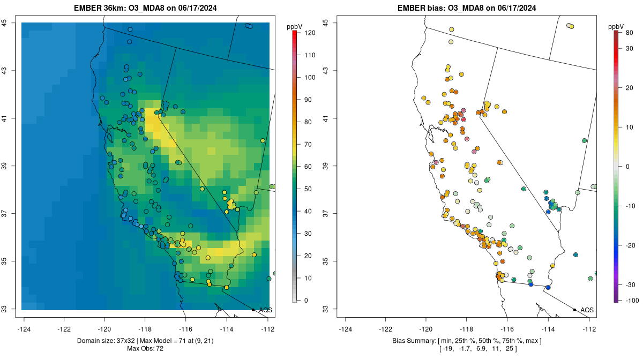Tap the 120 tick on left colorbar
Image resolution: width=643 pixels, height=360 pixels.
[310, 33]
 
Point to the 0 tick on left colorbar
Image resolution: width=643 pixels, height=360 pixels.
[306, 300]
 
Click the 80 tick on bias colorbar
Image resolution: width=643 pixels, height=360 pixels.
[629, 33]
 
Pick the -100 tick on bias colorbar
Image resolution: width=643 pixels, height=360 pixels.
[630, 301]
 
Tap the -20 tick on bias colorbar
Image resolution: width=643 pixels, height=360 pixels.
[630, 245]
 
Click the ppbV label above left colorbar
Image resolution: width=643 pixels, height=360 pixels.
[295, 27]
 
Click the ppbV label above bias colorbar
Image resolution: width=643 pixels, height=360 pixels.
[616, 27]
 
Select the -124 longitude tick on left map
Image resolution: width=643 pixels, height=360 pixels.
[24, 329]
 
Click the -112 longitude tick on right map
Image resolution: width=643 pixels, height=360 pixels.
[589, 329]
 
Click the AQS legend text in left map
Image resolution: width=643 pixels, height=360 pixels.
[265, 310]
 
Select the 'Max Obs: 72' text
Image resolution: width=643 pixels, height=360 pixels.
[145, 349]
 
